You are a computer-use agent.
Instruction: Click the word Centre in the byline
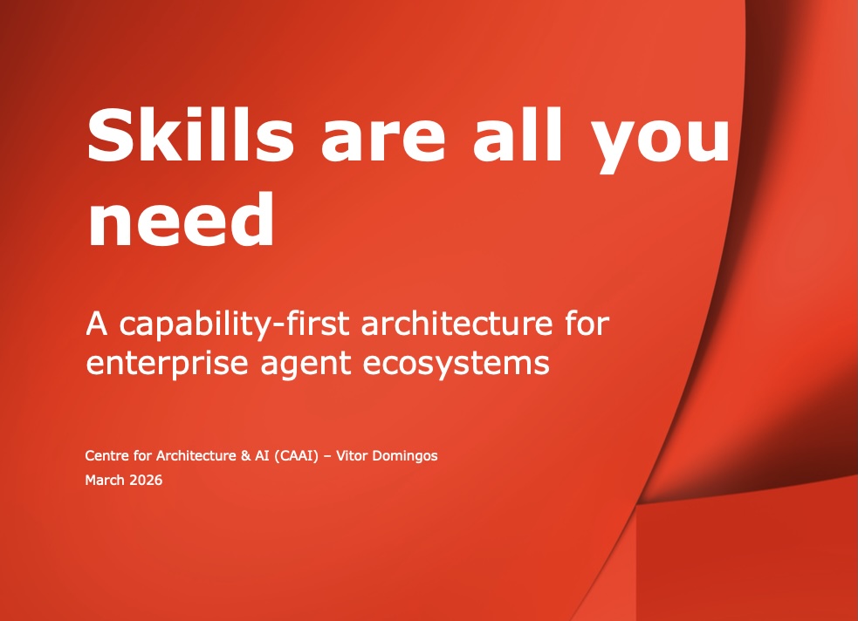tap(106, 456)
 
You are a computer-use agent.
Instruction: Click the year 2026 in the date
tap(146, 480)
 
